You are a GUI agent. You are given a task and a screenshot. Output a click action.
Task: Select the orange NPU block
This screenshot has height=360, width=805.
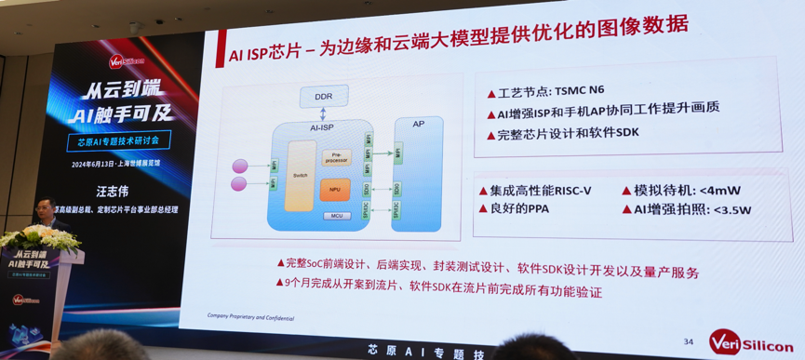pos(335,190)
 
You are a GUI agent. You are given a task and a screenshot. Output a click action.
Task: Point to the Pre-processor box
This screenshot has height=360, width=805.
pos(336,159)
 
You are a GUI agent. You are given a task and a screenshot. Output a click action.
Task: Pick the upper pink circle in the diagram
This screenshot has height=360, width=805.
pos(240,167)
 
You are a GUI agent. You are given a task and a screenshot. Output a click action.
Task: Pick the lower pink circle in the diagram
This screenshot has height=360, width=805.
pos(239,184)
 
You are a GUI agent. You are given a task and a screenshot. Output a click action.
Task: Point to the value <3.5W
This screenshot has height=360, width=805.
pos(726,210)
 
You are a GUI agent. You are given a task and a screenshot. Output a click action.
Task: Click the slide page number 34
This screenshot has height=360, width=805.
pos(688,342)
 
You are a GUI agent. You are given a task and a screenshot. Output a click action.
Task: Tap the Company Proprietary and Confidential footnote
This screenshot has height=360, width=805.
pos(250,318)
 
